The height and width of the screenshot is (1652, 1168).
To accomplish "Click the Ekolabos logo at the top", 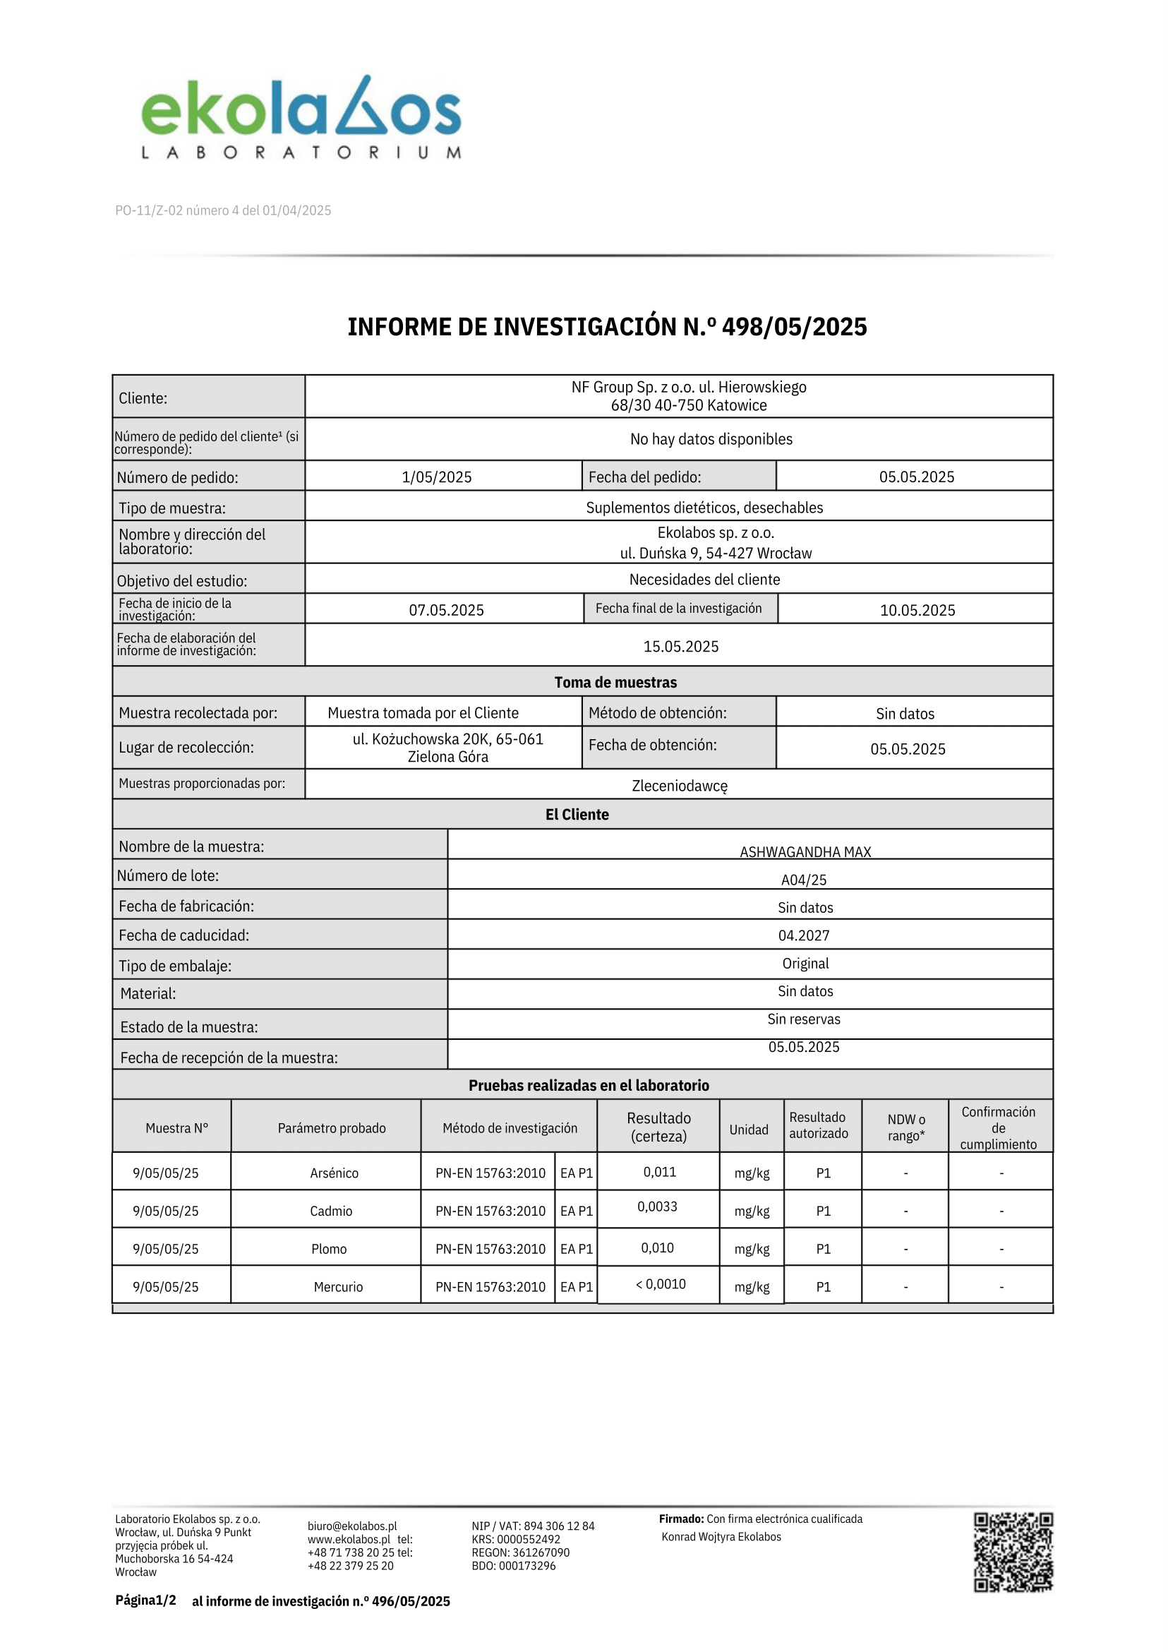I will (301, 117).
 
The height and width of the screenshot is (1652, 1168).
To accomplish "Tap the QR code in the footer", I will (1013, 1551).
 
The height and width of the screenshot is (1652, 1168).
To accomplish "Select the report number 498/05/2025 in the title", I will (794, 327).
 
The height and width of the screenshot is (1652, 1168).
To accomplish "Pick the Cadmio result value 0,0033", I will (656, 1206).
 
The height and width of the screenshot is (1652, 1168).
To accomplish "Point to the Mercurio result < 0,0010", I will (661, 1283).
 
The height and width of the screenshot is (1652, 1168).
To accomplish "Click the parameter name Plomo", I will (329, 1249).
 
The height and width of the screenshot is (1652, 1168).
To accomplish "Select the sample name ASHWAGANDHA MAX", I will (805, 852).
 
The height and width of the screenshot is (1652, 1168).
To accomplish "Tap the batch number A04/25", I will (803, 880).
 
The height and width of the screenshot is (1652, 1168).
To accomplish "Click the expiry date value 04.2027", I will (803, 935).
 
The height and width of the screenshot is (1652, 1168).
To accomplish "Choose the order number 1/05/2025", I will (437, 477).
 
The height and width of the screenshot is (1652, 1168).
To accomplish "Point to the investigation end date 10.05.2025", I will (917, 610).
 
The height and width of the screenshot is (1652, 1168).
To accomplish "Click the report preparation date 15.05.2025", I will (680, 646).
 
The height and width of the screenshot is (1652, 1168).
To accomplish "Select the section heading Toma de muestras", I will (615, 682).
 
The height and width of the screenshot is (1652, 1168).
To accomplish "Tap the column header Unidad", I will (749, 1130).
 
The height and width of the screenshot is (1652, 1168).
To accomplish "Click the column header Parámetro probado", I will (332, 1128).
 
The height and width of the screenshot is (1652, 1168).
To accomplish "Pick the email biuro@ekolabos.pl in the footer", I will (351, 1526).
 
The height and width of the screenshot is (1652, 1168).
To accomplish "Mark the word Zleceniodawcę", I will (679, 786).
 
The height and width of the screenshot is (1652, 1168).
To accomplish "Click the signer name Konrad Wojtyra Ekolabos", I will (721, 1536).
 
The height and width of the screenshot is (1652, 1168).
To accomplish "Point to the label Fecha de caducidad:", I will (184, 935).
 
